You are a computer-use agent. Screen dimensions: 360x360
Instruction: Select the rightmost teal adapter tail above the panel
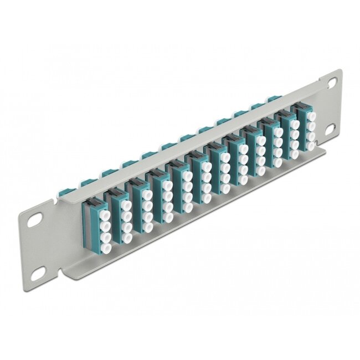click(271, 100)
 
